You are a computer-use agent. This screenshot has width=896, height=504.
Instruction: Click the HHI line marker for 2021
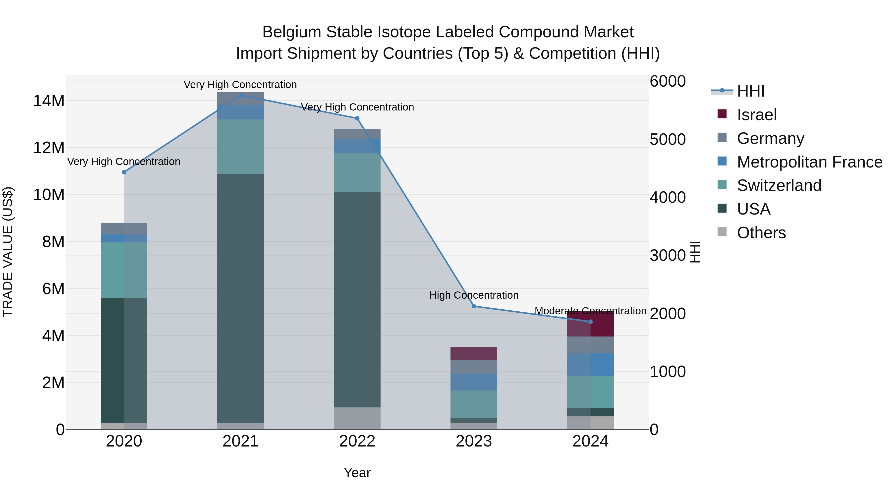pyautogui.click(x=240, y=95)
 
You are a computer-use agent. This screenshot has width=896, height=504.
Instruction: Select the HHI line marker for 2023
pyautogui.click(x=474, y=306)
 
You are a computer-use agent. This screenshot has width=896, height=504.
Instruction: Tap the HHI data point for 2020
pyautogui.click(x=124, y=172)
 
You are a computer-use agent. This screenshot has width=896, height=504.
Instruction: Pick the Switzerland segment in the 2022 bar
pyautogui.click(x=357, y=172)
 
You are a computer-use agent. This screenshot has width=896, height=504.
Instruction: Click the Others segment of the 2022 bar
pyautogui.click(x=357, y=418)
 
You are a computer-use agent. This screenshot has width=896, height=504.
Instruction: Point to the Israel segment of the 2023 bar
pyautogui.click(x=474, y=353)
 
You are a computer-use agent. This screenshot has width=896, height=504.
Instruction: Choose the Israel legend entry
pyautogui.click(x=757, y=115)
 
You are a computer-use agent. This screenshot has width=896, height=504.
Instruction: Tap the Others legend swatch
pyautogui.click(x=722, y=232)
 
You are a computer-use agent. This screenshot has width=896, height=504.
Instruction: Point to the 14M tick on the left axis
pyautogui.click(x=49, y=101)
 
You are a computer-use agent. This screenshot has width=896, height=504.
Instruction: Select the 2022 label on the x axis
pyautogui.click(x=357, y=441)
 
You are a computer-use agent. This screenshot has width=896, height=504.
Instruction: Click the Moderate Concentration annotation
pyautogui.click(x=590, y=311)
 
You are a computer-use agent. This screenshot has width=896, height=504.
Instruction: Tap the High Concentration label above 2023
pyautogui.click(x=474, y=295)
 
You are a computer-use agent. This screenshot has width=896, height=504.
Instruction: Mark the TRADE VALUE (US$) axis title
pyautogui.click(x=8, y=252)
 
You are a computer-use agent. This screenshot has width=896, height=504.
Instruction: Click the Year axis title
pyautogui.click(x=357, y=473)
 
